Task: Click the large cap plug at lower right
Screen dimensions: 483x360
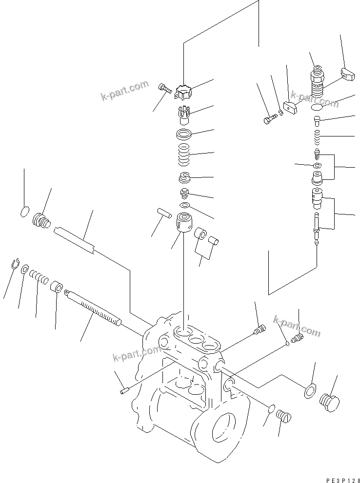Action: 330,400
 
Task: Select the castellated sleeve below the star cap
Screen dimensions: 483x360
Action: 184,116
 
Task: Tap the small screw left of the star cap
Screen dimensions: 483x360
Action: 163,88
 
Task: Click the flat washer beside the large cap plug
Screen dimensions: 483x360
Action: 308,391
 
